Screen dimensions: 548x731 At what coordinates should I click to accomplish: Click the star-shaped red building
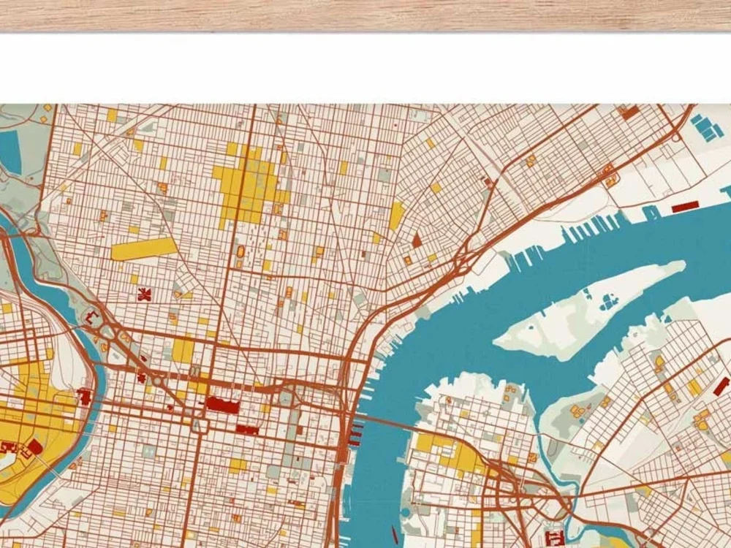pos(144,294)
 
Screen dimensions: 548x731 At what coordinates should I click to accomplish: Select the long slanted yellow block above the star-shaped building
pos(144,248)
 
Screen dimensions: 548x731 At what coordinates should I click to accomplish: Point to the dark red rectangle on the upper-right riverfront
pos(686,208)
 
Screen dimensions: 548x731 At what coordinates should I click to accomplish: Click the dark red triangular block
pos(417,240)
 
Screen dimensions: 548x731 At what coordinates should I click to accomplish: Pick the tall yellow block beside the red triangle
pos(397,216)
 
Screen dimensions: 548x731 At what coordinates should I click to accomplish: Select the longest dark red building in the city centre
pos(221,404)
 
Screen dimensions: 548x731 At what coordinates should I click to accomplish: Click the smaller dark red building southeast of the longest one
pos(247,430)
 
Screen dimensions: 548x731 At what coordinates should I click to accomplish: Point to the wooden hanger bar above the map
pos(365,15)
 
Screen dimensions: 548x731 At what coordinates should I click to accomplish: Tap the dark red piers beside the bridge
pos(355,433)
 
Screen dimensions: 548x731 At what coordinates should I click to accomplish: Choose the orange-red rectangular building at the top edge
pos(629,113)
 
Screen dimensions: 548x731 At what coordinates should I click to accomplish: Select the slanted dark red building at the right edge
pos(721,387)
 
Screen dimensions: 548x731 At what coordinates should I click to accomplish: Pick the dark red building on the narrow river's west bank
pos(84,397)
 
